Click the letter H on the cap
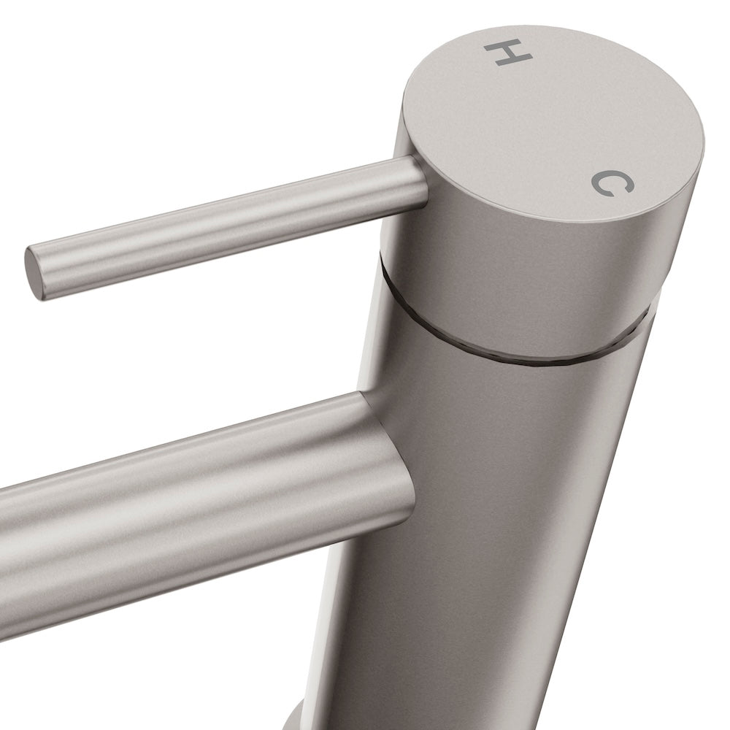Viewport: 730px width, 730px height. (x=502, y=53)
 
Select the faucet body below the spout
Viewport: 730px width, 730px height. (x=467, y=620)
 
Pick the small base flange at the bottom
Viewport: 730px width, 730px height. (x=292, y=719)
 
